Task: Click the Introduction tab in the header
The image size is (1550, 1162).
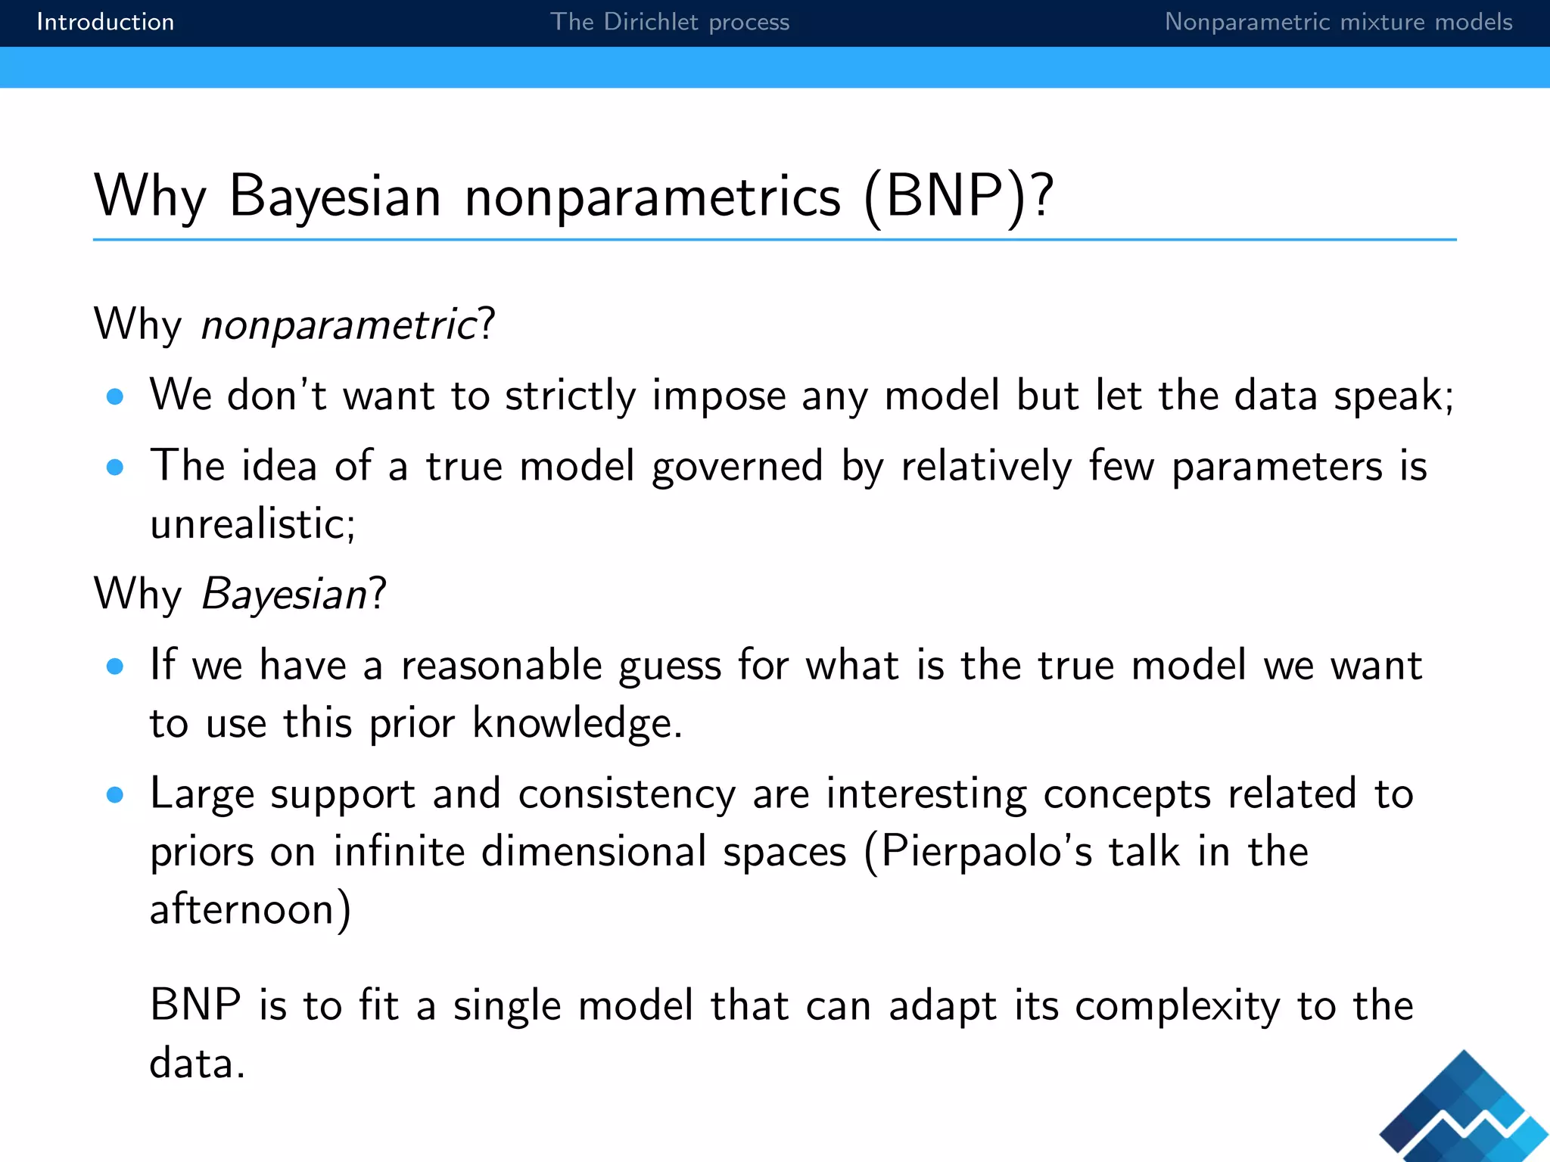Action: [105, 22]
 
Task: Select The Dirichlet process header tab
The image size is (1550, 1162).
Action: [669, 22]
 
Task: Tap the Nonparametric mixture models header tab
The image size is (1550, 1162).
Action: [1337, 22]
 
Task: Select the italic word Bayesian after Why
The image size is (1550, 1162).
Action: [285, 594]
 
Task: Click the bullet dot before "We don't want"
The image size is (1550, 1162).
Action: [115, 396]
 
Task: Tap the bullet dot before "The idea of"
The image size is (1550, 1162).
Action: [115, 468]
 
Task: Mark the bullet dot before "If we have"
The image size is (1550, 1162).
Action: [115, 666]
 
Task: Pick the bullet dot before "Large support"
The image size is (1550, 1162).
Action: [115, 795]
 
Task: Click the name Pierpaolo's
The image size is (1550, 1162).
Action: [987, 852]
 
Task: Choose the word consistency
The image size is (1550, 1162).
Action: [627, 795]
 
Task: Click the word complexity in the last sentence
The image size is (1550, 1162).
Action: [1178, 1007]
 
